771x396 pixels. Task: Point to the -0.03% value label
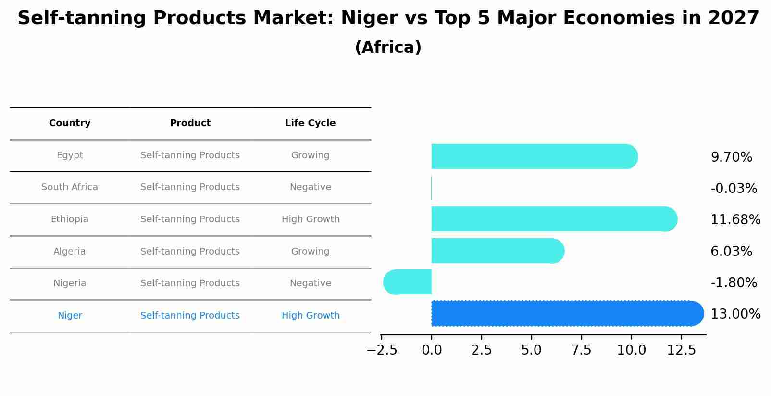click(734, 189)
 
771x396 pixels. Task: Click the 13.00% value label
click(735, 314)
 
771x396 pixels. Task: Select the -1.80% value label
click(734, 283)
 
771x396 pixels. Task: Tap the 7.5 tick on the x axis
click(581, 350)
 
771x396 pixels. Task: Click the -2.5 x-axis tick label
click(382, 350)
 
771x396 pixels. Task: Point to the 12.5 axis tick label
click(681, 350)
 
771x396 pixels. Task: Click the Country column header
click(70, 123)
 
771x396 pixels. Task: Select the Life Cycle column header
click(310, 123)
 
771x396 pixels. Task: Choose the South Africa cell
click(70, 187)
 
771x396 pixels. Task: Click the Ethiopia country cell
click(70, 219)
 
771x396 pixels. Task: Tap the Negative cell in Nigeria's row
click(310, 283)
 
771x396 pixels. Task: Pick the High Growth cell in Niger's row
click(311, 316)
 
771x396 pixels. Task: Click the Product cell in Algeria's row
click(190, 252)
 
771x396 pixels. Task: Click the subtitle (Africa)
click(388, 48)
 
